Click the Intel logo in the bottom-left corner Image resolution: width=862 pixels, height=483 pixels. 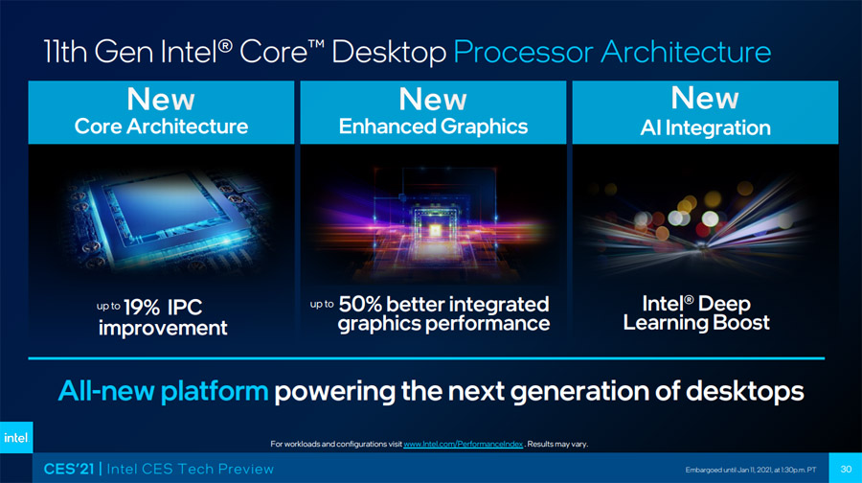[16, 437]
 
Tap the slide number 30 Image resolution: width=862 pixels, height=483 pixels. [846, 470]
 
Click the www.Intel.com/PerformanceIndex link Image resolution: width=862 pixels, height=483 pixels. [463, 444]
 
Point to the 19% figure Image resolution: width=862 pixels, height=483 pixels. [142, 307]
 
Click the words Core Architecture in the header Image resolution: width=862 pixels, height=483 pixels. [161, 126]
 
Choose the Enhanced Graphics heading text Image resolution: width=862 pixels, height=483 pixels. [433, 127]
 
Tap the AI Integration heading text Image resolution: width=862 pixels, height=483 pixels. [705, 128]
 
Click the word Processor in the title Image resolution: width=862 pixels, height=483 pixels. [523, 53]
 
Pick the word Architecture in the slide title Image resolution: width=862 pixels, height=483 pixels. [686, 53]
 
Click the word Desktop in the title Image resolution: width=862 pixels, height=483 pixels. [389, 54]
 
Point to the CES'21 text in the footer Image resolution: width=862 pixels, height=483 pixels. [69, 469]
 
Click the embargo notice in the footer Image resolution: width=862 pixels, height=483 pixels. [750, 470]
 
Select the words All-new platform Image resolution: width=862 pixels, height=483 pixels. [163, 391]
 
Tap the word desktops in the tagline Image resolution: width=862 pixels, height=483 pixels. [745, 391]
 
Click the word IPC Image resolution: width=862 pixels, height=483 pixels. [185, 307]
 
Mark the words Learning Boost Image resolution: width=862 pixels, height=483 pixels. [696, 323]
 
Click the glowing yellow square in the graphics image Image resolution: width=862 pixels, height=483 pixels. [435, 231]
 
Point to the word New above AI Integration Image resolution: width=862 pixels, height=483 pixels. [705, 98]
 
